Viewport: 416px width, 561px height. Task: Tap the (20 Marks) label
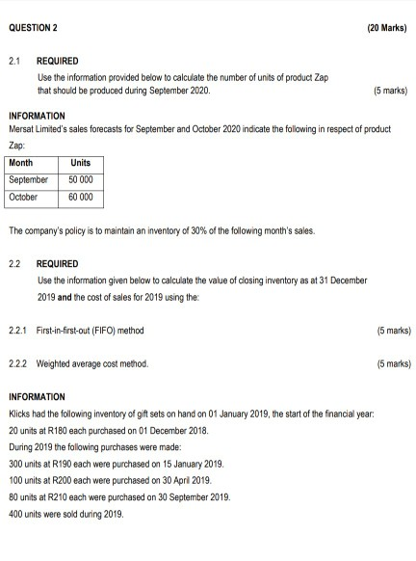(x=387, y=27)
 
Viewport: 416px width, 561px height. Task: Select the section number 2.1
(x=14, y=60)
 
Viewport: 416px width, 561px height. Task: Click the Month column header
(x=21, y=164)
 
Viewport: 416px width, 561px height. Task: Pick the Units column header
(x=80, y=164)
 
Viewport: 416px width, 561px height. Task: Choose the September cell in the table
(x=28, y=180)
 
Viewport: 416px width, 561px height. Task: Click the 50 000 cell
(x=80, y=180)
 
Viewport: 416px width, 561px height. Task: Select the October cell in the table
(x=24, y=197)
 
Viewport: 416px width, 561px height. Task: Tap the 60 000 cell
(x=80, y=197)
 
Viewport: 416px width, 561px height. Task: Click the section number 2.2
(x=14, y=263)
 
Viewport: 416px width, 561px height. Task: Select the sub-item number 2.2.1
(x=18, y=331)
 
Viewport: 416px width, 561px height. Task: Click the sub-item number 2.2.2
(x=18, y=364)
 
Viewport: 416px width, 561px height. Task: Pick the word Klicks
(x=18, y=413)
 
